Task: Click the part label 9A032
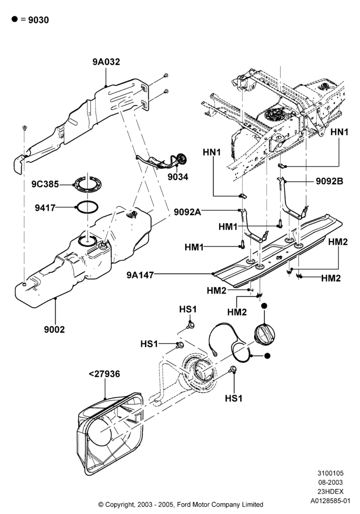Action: click(106, 62)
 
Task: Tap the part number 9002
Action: click(55, 329)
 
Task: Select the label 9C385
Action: click(45, 184)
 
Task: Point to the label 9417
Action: click(45, 208)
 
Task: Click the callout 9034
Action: click(178, 177)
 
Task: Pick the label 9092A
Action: click(187, 212)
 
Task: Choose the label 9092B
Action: click(330, 181)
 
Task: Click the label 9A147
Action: click(140, 274)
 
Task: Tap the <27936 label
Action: click(104, 374)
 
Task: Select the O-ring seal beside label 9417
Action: click(87, 207)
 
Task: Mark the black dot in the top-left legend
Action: click(14, 19)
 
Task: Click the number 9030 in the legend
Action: click(39, 20)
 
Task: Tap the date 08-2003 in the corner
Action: click(330, 482)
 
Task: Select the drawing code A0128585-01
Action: click(331, 501)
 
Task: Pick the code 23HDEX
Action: click(330, 491)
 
